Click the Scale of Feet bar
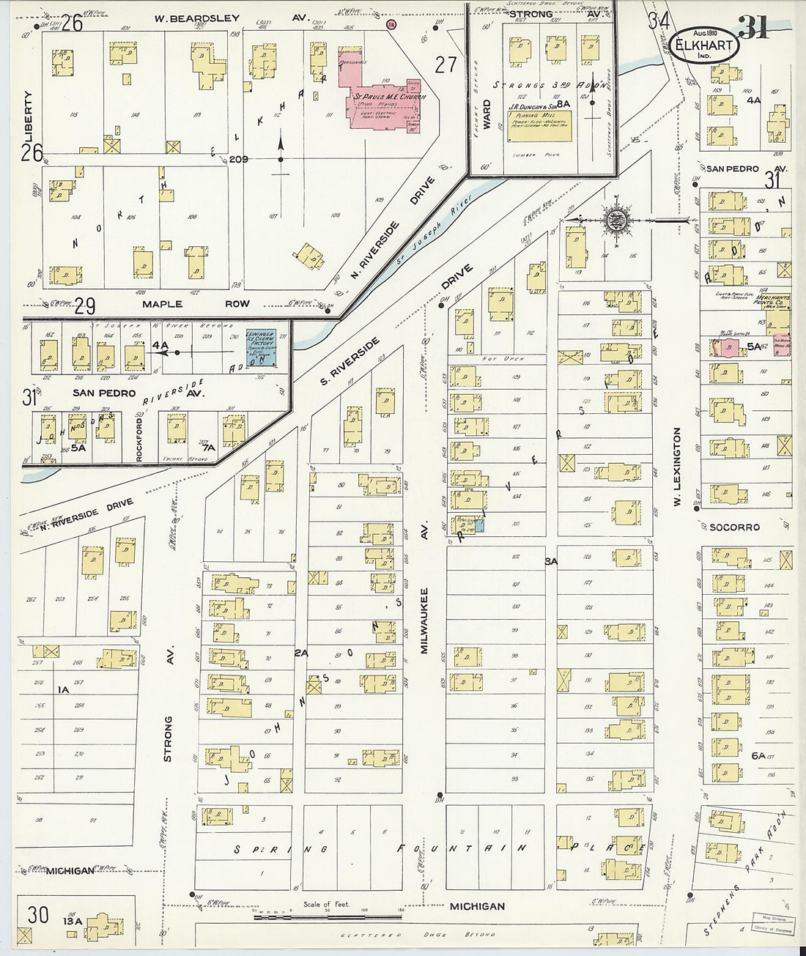(x=328, y=916)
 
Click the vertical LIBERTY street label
(x=29, y=117)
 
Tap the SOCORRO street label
(x=734, y=527)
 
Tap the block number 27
(x=445, y=64)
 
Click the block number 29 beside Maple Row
(x=85, y=305)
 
